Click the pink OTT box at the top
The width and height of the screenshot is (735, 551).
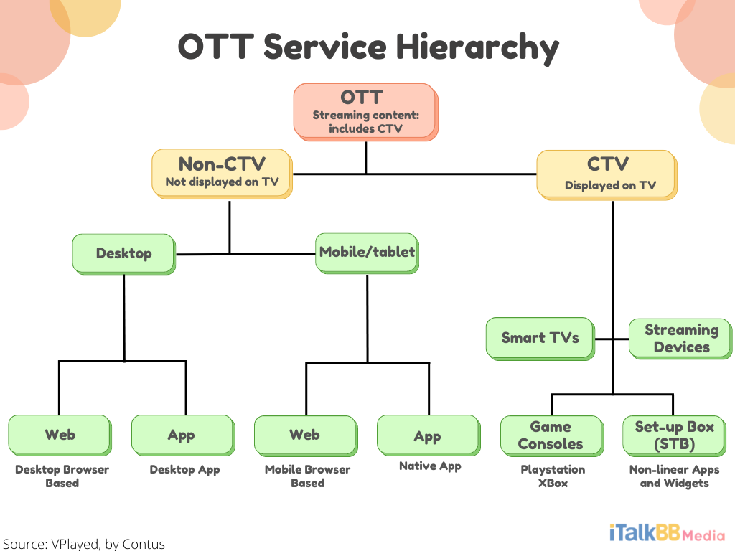365,112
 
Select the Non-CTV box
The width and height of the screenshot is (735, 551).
223,174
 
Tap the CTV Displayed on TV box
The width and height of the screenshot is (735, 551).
607,175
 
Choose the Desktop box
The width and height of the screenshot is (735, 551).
124,254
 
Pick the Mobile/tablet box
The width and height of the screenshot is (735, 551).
367,253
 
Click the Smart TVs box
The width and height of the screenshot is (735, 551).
540,339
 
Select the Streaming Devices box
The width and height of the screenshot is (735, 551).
680,339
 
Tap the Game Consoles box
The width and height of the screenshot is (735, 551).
552,435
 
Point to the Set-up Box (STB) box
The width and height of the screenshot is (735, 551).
675,435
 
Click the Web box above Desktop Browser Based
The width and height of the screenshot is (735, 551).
60,435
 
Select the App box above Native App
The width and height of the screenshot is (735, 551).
429,435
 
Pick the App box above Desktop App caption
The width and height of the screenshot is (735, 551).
183,435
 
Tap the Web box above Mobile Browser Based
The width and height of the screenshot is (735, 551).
306,435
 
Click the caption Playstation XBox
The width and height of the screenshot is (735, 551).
553,476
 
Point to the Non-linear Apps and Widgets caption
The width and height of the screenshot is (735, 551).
674,476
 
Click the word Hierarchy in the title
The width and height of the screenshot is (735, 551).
477,48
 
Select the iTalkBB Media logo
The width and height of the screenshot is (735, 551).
667,533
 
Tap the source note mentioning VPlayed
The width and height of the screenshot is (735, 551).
84,544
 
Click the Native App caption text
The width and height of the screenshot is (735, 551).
430,466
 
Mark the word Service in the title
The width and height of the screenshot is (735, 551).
325,47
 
